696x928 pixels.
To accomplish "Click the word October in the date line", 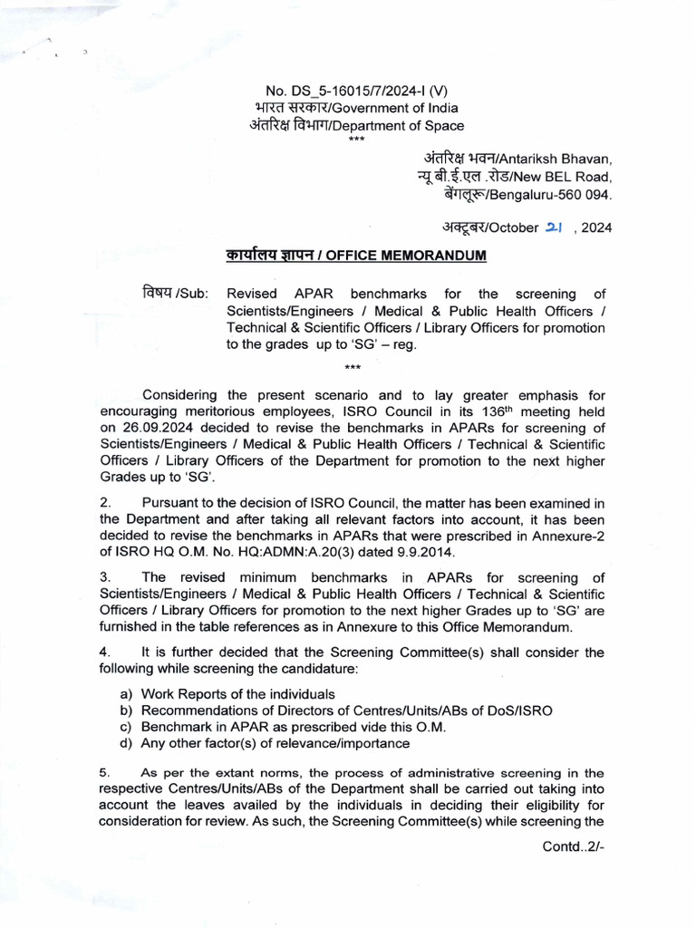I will [x=514, y=228].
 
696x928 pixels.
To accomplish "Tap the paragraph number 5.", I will [x=104, y=773].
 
